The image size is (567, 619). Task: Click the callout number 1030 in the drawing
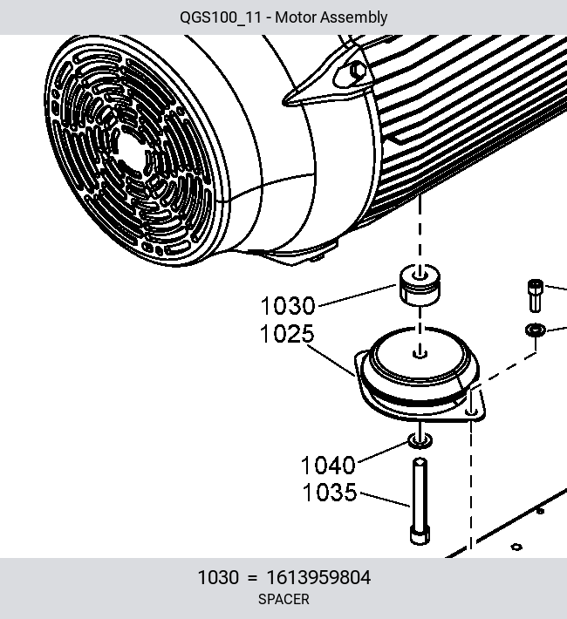click(288, 305)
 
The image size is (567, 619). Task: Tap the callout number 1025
click(287, 334)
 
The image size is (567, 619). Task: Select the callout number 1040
click(328, 465)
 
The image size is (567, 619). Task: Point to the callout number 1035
click(330, 493)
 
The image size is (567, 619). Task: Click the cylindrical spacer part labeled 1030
click(420, 285)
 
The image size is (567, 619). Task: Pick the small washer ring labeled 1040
click(420, 440)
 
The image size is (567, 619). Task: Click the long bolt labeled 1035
click(420, 501)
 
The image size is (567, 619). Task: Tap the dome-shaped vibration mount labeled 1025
click(420, 374)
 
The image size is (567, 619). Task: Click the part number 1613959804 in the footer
click(318, 577)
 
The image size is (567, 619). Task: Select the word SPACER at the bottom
click(283, 599)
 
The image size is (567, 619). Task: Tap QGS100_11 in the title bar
click(221, 17)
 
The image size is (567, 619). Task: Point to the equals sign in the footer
click(252, 577)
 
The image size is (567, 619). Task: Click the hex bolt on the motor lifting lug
click(357, 71)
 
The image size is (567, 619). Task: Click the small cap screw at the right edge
click(536, 296)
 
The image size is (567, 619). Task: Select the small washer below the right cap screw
click(536, 330)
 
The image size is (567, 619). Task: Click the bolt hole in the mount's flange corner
click(471, 412)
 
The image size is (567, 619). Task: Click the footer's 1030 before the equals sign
click(218, 577)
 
